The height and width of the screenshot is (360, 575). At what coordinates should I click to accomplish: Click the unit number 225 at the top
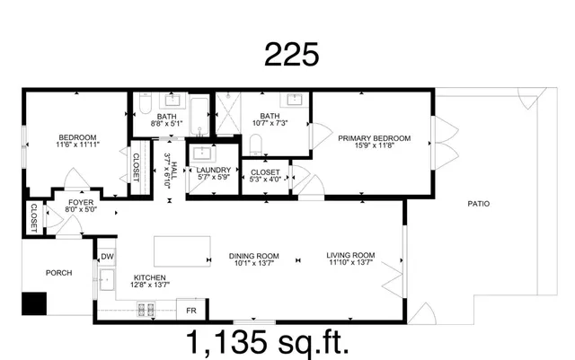click(x=291, y=55)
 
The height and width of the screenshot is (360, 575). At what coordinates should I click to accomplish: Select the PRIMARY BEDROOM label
click(x=374, y=138)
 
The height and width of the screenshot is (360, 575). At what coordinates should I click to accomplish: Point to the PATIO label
click(x=479, y=204)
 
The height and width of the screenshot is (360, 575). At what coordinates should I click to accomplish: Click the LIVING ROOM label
click(x=350, y=255)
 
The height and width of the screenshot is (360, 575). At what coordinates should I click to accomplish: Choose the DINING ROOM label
click(x=251, y=255)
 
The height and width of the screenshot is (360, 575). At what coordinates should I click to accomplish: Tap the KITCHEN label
click(x=150, y=277)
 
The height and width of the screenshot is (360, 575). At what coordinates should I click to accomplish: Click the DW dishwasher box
click(x=106, y=257)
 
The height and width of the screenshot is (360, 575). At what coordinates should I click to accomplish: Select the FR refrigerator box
click(x=190, y=310)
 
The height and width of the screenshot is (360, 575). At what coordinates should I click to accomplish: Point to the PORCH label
click(x=58, y=273)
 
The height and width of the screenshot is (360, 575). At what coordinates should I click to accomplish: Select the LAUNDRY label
click(x=213, y=170)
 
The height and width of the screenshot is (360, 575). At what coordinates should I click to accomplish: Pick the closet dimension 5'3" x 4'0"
click(x=265, y=178)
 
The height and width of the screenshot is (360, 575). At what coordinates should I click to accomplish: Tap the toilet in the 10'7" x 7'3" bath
click(x=254, y=145)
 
